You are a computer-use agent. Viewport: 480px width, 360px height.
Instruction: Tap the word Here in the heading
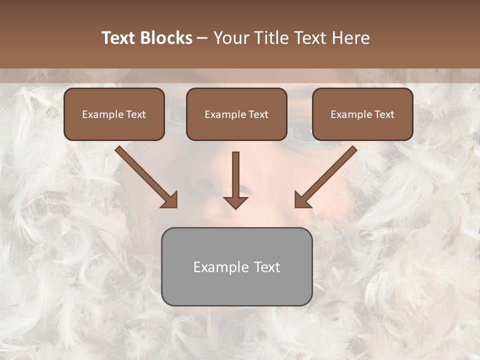pos(350,38)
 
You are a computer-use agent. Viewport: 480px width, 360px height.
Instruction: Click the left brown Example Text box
pos(114,114)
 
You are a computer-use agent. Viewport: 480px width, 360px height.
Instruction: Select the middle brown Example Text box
pos(236,114)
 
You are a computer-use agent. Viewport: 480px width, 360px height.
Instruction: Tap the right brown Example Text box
pos(362,114)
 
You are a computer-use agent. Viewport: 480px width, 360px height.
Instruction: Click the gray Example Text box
pos(236,266)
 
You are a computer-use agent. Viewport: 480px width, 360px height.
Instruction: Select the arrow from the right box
pos(327,175)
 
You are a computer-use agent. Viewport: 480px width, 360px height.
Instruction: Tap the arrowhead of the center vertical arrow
pos(235,202)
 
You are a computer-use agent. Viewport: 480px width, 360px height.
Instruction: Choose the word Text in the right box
pos(384,114)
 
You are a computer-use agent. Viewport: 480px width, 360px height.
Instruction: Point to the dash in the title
pos(202,38)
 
